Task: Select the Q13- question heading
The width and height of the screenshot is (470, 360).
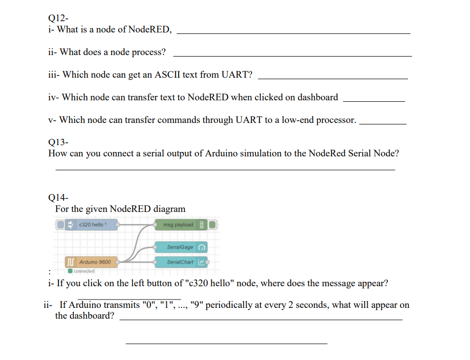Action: pos(58,142)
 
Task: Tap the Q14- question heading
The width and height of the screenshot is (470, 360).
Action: pos(58,198)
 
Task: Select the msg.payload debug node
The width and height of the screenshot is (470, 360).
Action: pos(178,225)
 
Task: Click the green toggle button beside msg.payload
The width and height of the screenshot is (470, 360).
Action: pos(212,225)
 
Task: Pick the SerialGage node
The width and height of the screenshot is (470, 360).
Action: pos(180,247)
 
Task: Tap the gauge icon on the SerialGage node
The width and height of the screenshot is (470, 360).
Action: pos(202,247)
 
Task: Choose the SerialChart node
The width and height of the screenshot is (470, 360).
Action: pos(180,262)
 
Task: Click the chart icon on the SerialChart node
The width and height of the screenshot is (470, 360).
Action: pos(202,262)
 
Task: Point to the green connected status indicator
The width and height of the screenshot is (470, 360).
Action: pos(71,271)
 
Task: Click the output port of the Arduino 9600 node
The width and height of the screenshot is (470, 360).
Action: pos(118,262)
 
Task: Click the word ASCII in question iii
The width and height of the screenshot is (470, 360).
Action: pos(167,75)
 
